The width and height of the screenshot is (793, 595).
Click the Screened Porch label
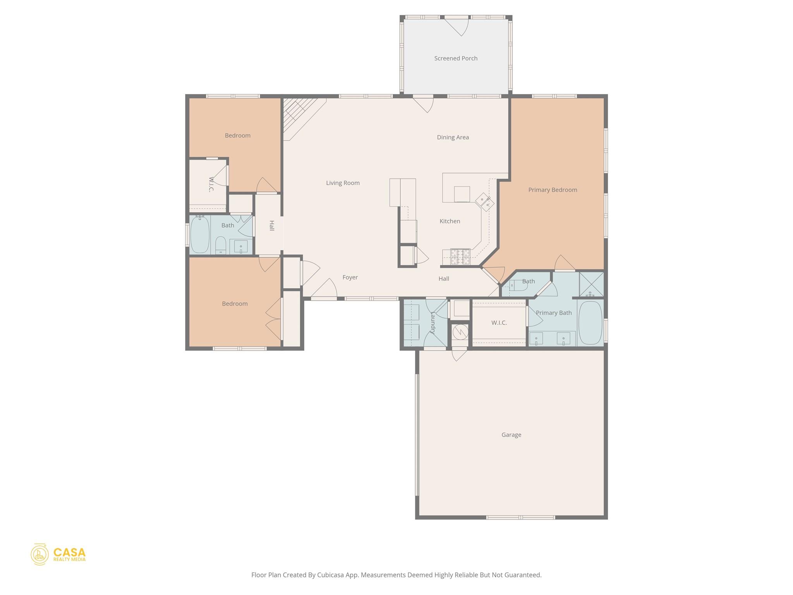pyautogui.click(x=456, y=58)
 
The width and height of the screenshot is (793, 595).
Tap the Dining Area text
pyautogui.click(x=453, y=137)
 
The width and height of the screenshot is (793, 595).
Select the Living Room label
pyautogui.click(x=343, y=183)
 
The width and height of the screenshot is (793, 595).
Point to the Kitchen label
pyautogui.click(x=450, y=221)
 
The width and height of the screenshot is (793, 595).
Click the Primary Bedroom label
pyautogui.click(x=553, y=190)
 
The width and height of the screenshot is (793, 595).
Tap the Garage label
pyautogui.click(x=511, y=435)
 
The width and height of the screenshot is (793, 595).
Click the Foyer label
pyautogui.click(x=350, y=277)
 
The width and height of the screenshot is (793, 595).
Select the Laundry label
pyautogui.click(x=433, y=323)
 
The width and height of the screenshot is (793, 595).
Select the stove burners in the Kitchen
pyautogui.click(x=460, y=256)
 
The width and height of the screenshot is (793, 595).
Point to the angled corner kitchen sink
pyautogui.click(x=485, y=202)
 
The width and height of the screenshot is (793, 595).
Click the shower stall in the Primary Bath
pyautogui.click(x=591, y=284)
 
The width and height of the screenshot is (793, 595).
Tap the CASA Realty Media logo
pyautogui.click(x=58, y=554)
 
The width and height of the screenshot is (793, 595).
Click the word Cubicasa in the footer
pyautogui.click(x=331, y=575)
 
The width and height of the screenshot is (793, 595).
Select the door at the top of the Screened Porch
pyautogui.click(x=457, y=26)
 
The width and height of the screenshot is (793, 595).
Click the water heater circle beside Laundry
pyautogui.click(x=460, y=332)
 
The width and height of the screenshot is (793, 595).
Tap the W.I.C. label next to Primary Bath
pyautogui.click(x=499, y=323)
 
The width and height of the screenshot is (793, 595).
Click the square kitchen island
pyautogui.click(x=462, y=194)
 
